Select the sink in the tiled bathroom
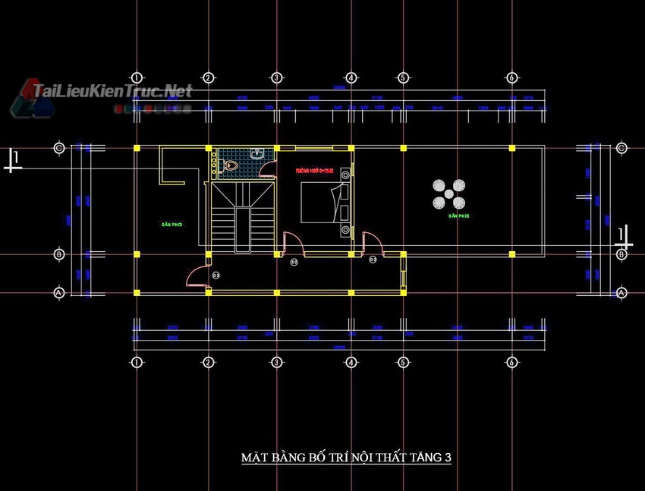(258, 154)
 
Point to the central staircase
(241, 216)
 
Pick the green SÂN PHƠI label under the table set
(459, 216)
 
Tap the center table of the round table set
(448, 194)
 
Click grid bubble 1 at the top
(137, 77)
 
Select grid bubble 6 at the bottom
(512, 362)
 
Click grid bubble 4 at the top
(351, 77)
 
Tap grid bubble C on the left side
(58, 148)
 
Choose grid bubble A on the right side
(621, 292)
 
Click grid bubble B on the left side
(58, 255)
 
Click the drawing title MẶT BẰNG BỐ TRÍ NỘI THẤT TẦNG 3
(346, 458)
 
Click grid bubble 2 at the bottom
(208, 362)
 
